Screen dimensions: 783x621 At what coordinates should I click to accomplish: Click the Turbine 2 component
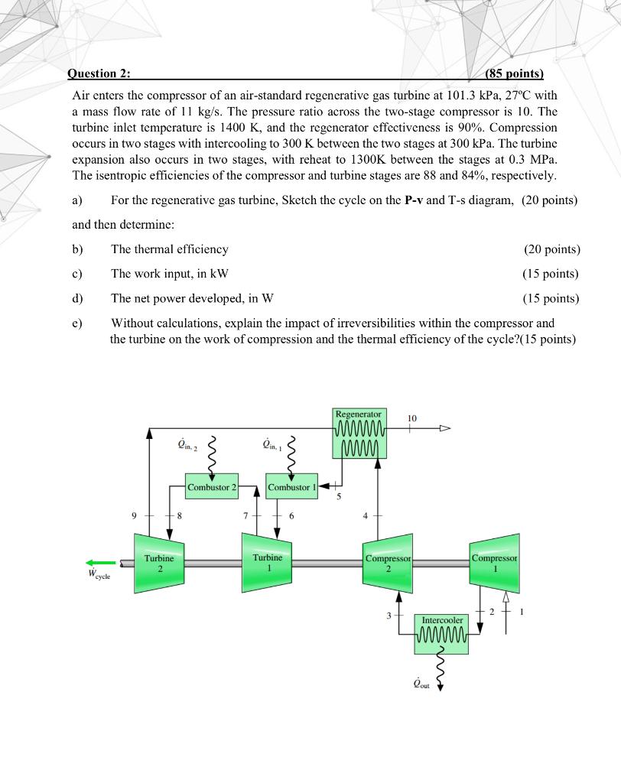click(x=160, y=564)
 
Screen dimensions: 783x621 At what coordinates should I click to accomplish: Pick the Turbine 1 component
click(x=267, y=564)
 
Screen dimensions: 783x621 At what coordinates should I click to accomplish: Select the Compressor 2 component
click(x=389, y=564)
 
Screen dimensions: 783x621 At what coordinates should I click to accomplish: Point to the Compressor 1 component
click(x=495, y=564)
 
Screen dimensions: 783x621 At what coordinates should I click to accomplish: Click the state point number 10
click(x=412, y=418)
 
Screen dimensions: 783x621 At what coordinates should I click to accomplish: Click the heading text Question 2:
click(x=99, y=73)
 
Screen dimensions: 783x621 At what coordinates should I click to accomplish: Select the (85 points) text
click(x=514, y=73)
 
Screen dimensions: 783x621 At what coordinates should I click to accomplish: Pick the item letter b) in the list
click(x=77, y=249)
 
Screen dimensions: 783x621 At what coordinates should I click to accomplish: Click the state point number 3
click(x=389, y=615)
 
